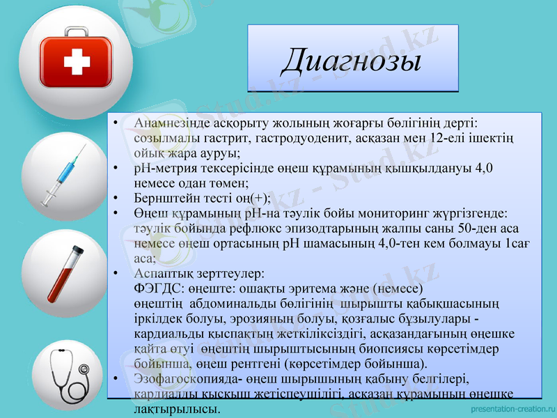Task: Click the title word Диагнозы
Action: coord(352,61)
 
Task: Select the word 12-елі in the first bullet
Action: coord(450,138)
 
